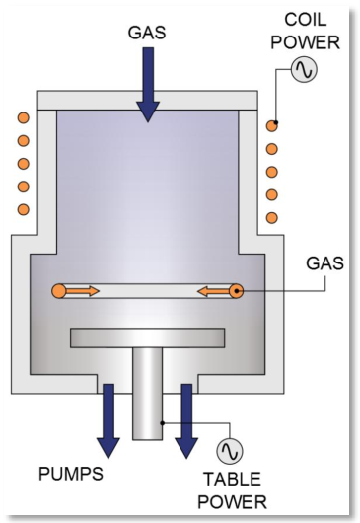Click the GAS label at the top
tap(147, 33)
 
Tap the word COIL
tap(306, 20)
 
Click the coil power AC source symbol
tap(304, 69)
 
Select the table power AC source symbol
tap(230, 451)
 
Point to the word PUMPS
tap(71, 474)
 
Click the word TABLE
tap(233, 479)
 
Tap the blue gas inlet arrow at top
tap(148, 85)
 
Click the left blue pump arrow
tap(108, 421)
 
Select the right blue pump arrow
tap(186, 421)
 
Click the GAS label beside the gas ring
tap(324, 263)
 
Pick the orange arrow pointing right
tap(82, 291)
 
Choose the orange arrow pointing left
tap(214, 292)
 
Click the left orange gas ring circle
tap(58, 291)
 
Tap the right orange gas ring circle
tap(237, 291)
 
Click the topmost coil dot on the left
tap(24, 118)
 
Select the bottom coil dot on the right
tap(272, 218)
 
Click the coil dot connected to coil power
tap(272, 126)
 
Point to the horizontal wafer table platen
tap(147, 337)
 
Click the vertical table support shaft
tap(148, 394)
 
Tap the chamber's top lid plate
tap(147, 100)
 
